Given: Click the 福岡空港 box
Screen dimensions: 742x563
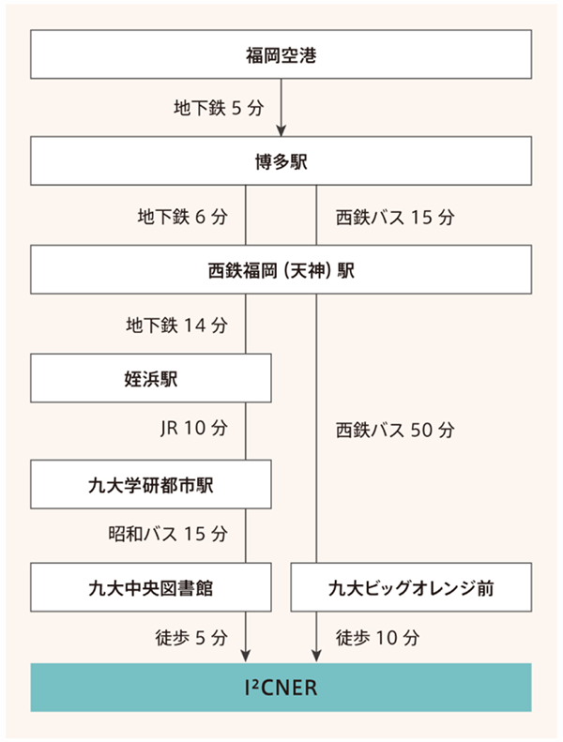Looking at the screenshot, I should pos(281,55).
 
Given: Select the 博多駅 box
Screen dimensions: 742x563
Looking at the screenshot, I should pos(281,162).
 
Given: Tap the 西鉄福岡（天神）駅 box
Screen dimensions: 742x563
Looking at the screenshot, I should pos(281,270).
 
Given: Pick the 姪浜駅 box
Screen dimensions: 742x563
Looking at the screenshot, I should pos(151,378).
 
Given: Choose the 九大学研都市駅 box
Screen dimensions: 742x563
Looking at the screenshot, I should pos(151,484).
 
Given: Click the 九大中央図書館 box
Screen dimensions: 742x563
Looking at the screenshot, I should pos(151,589).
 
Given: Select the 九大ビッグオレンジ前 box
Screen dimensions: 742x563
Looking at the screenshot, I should pos(411,589).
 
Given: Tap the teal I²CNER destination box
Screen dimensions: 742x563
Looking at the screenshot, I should pos(281,687).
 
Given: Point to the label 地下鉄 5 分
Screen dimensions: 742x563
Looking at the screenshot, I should pos(214,107).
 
